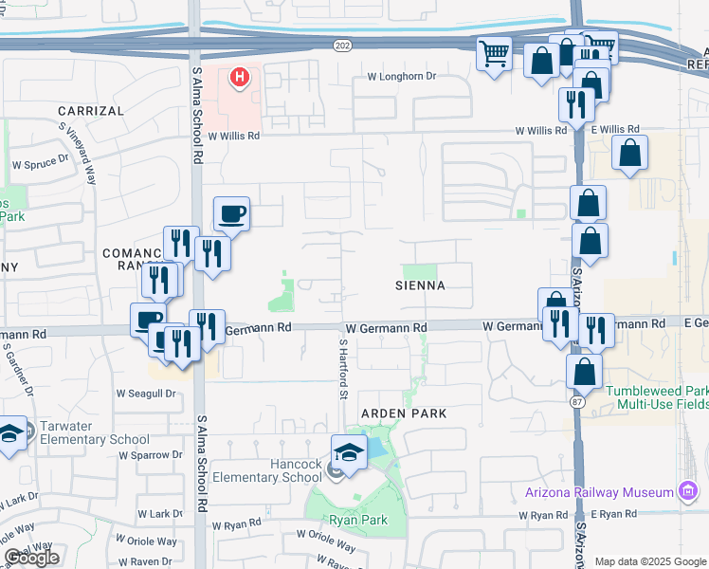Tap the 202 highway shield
341,45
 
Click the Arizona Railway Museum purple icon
688,491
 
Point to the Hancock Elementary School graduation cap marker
349,452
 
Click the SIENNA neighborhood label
421,284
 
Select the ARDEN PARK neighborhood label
402,413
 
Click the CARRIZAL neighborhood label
91,111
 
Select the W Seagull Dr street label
146,393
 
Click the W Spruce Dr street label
41,164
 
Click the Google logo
31,558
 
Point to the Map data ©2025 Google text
649,561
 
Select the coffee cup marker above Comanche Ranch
231,215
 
